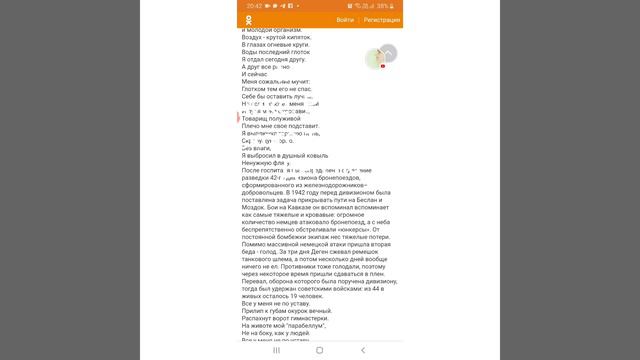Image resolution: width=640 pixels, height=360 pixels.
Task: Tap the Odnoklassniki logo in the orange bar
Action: point(248,20)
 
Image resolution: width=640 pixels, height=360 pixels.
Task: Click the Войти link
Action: point(345,20)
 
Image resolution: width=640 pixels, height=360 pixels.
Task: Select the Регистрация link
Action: point(382,20)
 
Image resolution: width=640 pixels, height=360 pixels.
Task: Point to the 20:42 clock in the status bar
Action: point(255,5)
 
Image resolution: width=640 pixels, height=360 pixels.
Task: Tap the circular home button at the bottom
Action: point(320,351)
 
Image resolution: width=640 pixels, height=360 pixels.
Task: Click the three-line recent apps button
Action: point(277,351)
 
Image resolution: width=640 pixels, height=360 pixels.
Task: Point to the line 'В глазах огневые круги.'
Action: point(277,46)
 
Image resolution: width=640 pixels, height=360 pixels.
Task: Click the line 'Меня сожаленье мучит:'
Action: point(276,81)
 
